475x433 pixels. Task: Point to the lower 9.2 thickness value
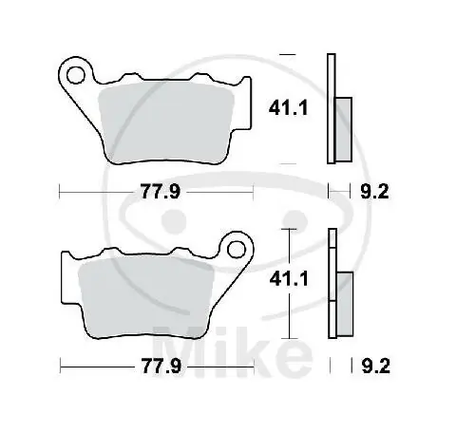376,364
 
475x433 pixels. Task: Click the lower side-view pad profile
332,285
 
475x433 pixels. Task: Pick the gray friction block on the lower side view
344,302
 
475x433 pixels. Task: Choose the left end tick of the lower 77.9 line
60,364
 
